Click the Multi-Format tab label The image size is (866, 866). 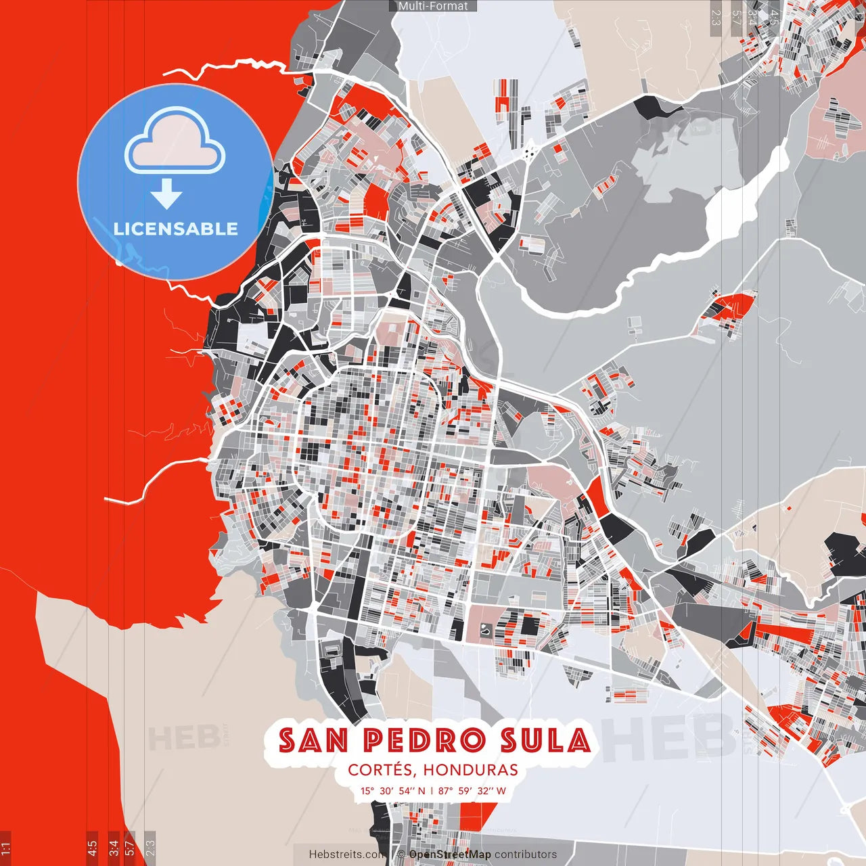pyautogui.click(x=433, y=6)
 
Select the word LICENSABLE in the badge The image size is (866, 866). pyautogui.click(x=176, y=229)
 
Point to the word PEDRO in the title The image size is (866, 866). pyautogui.click(x=425, y=741)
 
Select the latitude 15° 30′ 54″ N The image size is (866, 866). pyautogui.click(x=392, y=791)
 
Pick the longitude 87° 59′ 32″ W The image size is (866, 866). pyautogui.click(x=472, y=791)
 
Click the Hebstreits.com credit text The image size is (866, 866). pyautogui.click(x=345, y=854)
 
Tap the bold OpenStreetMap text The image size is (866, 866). pyautogui.click(x=450, y=854)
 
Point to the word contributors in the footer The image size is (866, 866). pyautogui.click(x=526, y=854)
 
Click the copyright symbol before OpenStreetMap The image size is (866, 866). pyautogui.click(x=401, y=854)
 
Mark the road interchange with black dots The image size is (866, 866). pyautogui.click(x=529, y=153)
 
